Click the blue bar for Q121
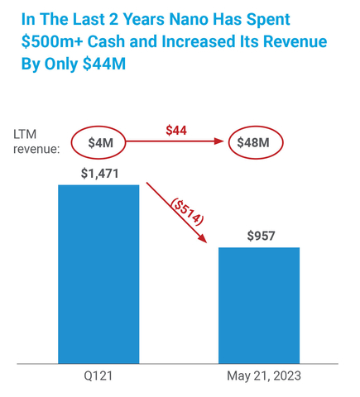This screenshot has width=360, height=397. click(x=98, y=273)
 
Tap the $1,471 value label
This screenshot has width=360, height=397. click(x=98, y=174)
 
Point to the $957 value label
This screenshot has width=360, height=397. click(x=260, y=237)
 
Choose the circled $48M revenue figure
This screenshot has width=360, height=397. click(x=256, y=143)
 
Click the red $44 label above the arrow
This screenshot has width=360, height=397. click(x=175, y=131)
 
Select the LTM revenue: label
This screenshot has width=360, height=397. click(x=36, y=141)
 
